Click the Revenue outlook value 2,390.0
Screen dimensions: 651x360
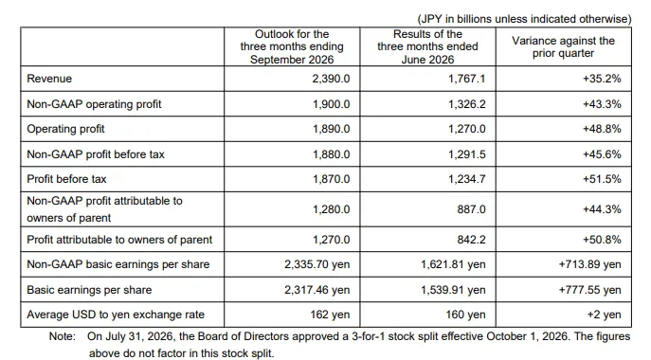[331, 79]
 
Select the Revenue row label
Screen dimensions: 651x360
[49, 79]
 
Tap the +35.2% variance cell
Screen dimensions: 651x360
[602, 79]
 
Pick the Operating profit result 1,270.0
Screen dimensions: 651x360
[466, 129]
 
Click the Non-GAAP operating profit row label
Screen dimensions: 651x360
[94, 104]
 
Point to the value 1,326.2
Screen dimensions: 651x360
[466, 104]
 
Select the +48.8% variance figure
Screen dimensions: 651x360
[602, 129]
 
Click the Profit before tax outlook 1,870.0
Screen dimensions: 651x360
[331, 179]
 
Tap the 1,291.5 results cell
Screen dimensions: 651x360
[466, 154]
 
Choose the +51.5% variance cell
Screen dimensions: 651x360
[602, 179]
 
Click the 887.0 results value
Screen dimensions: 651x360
[471, 209]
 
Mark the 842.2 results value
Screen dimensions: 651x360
[471, 240]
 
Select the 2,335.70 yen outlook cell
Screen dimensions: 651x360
[317, 264]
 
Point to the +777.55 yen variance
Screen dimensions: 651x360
[590, 290]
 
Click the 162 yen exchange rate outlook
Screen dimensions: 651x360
[330, 315]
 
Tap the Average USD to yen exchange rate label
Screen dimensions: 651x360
[116, 315]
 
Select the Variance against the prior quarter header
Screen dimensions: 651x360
[563, 47]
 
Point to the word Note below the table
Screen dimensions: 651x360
[63, 336]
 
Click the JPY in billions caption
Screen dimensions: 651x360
[524, 19]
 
